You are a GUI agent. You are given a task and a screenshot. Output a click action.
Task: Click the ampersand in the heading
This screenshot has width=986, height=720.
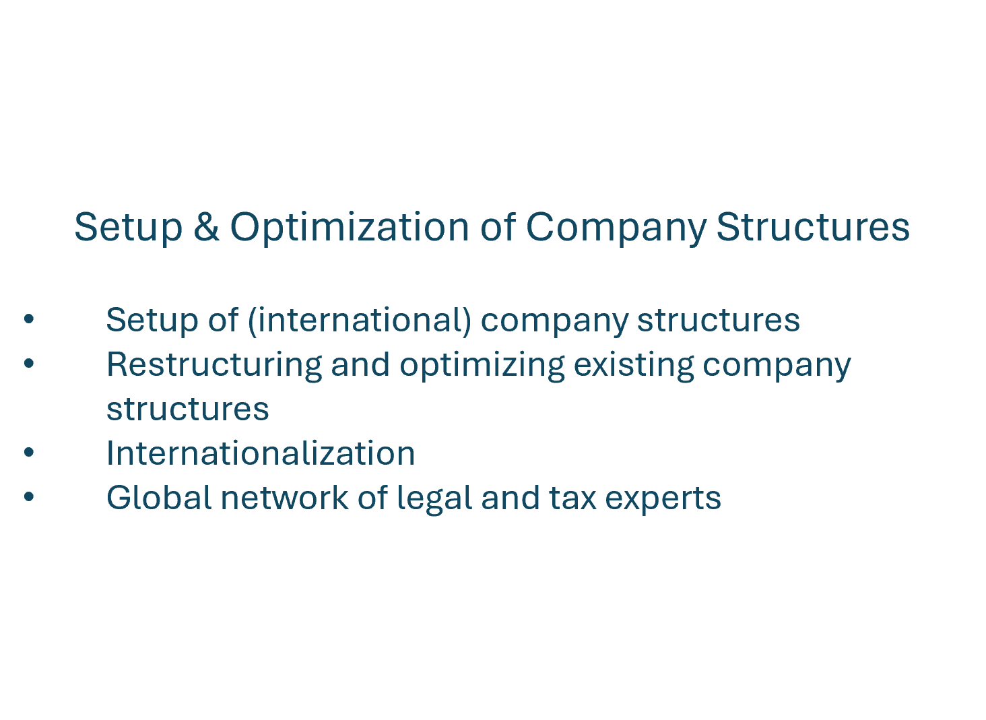(x=207, y=227)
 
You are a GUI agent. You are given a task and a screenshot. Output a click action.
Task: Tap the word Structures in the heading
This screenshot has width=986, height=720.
(x=813, y=227)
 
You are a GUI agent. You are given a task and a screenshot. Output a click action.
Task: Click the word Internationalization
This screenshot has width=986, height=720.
(x=261, y=453)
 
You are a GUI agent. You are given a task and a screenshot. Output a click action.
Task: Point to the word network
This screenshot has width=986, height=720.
(x=284, y=498)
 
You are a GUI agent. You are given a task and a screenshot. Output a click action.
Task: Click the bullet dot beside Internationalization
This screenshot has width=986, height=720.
(x=29, y=453)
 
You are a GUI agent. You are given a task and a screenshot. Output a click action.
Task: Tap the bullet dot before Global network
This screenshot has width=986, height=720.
(x=29, y=497)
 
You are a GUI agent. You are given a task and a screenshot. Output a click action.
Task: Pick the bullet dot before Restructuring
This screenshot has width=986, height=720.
(x=29, y=364)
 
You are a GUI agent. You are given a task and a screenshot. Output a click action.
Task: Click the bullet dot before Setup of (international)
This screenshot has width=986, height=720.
(x=29, y=319)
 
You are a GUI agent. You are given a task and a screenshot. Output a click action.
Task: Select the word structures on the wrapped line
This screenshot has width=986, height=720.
(x=188, y=410)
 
